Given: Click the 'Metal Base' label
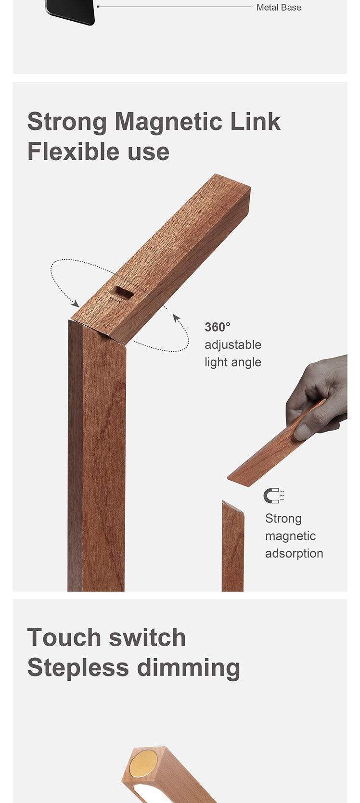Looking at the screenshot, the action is (279, 8).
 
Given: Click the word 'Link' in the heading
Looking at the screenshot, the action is (255, 121).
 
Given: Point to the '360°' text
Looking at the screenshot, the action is (217, 327).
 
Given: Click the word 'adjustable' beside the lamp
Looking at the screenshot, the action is (233, 345).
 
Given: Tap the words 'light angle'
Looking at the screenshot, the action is (233, 362).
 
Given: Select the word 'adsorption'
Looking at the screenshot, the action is (294, 553).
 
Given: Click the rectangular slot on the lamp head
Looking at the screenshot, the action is (124, 293).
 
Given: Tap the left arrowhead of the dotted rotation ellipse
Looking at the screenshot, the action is (75, 304).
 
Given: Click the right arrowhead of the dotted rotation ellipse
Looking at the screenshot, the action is (176, 318).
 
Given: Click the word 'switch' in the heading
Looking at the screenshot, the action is (147, 638).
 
